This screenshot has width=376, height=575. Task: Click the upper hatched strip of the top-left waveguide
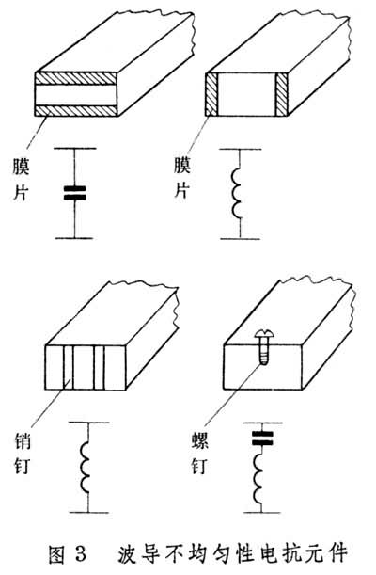[76, 78]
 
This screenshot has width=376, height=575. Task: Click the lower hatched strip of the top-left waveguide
[76, 110]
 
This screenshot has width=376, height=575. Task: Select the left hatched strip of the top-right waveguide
[212, 94]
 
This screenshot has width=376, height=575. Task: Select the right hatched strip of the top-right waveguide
[282, 94]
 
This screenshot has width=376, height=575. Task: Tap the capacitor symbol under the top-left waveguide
[74, 193]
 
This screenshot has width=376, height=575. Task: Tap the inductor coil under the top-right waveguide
[236, 193]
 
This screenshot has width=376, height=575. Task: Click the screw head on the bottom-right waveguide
[264, 334]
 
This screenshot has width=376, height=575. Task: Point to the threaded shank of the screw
[264, 351]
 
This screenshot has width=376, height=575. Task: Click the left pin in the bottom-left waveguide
[68, 367]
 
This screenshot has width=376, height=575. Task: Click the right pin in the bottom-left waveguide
[100, 367]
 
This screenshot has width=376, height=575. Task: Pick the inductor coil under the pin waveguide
[85, 467]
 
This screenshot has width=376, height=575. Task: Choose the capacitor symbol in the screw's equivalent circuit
[262, 439]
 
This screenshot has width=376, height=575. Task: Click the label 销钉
[22, 453]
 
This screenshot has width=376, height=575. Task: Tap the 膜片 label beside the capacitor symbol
[21, 180]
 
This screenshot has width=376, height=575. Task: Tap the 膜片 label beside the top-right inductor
[182, 178]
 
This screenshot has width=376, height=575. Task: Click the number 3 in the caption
[80, 553]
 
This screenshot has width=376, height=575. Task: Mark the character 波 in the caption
[127, 553]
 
